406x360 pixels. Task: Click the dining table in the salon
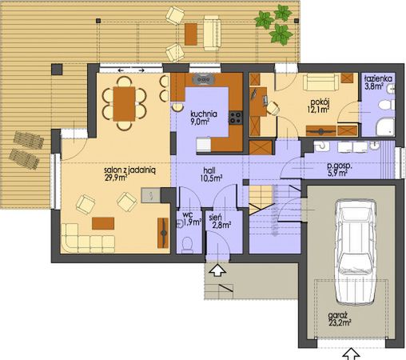tap(125, 104)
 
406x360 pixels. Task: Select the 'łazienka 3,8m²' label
tap(377, 83)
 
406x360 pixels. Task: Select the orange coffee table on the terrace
tap(191, 34)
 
